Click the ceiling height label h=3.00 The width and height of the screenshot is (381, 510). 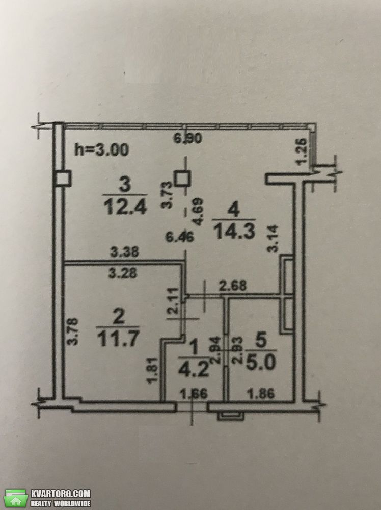tap(102, 149)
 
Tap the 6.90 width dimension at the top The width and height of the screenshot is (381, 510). tap(188, 138)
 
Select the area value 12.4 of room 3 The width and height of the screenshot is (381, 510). tap(125, 206)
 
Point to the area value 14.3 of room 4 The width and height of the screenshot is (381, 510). tap(234, 231)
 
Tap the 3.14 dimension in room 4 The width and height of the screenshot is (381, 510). tap(272, 239)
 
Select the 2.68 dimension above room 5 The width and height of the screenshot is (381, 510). tap(233, 286)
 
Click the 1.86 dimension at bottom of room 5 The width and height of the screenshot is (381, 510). tap(261, 394)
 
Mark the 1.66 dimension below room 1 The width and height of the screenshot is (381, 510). tap(194, 394)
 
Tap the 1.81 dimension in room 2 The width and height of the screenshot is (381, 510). tap(154, 371)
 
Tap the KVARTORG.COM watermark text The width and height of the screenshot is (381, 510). tap(61, 494)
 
